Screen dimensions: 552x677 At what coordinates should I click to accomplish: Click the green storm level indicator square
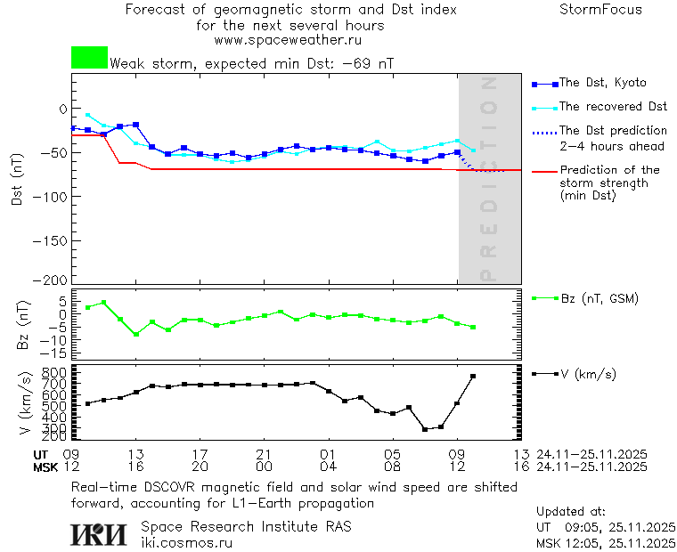pos(89,58)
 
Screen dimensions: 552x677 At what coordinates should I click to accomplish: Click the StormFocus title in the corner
pos(600,10)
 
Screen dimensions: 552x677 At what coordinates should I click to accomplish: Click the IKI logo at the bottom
pos(100,534)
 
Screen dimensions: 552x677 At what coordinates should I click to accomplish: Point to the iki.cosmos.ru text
pos(186,541)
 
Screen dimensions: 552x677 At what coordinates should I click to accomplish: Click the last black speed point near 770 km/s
pos(473,377)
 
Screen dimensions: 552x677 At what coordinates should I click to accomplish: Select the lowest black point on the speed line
pos(425,429)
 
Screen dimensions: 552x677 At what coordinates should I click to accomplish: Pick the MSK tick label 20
pos(200,467)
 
